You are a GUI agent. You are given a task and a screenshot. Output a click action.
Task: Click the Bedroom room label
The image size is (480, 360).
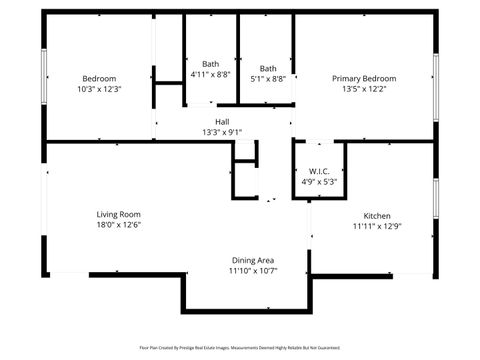tap(99, 78)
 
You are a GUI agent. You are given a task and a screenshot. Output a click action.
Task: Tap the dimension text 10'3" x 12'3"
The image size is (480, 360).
tap(99, 89)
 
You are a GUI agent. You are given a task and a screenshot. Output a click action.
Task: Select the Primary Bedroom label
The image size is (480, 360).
tap(364, 78)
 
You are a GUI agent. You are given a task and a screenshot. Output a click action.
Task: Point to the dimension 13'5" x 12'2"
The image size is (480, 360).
tap(364, 89)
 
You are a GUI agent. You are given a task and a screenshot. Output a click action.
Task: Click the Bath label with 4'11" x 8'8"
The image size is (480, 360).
tap(210, 64)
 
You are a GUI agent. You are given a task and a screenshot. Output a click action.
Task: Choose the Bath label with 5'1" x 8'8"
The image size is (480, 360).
tap(267, 68)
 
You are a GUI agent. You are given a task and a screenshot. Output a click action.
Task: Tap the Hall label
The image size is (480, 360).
tap(222, 121)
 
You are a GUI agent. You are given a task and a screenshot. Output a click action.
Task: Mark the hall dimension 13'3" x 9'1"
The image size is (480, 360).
tap(222, 132)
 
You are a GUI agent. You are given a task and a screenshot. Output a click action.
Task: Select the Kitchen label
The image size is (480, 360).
tap(377, 216)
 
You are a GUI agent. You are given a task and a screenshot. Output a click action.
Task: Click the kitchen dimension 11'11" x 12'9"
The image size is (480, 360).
tap(377, 227)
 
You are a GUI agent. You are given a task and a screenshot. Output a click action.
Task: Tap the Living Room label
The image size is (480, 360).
tap(118, 214)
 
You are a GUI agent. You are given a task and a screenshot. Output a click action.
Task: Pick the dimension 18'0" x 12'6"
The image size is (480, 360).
tap(118, 225)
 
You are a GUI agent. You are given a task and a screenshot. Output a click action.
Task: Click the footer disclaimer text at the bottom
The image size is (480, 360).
tap(240, 348)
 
